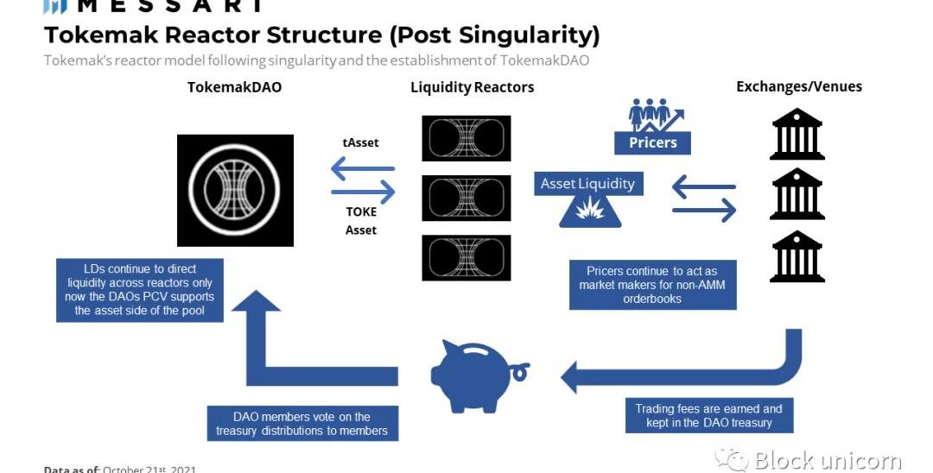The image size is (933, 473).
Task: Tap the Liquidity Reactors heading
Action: pos(472,87)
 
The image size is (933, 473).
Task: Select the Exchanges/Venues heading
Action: pos(798,86)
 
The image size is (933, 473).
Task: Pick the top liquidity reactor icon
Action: pos(466,137)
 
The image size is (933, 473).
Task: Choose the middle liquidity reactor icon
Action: pos(466,197)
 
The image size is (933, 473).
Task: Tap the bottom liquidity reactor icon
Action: pos(466,256)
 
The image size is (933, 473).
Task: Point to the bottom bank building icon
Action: pos(797,255)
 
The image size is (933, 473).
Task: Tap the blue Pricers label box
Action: pos(652,142)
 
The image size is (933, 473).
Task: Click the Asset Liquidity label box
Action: pos(587,183)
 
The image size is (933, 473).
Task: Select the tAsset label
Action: pos(361,142)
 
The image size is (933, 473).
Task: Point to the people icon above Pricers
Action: pos(652,115)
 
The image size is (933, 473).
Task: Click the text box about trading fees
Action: pos(708,415)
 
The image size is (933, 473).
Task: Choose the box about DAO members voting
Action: pos(301,424)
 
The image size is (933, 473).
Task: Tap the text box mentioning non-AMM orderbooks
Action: pos(652,285)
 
